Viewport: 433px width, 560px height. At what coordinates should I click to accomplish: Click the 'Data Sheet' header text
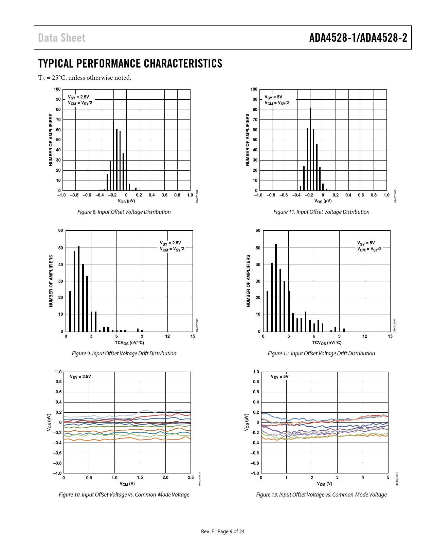tap(61, 38)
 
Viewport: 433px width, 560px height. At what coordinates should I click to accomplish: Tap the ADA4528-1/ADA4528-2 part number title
tap(358, 38)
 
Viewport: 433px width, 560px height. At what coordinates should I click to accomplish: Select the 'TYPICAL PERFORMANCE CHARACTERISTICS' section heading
tap(130, 63)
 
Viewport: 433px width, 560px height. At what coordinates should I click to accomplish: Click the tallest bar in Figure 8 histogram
tap(114, 156)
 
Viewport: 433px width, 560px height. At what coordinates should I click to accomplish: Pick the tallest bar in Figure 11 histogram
tap(310, 149)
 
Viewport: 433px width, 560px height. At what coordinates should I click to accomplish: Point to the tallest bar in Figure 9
tap(79, 288)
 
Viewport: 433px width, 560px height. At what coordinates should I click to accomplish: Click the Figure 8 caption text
tap(124, 212)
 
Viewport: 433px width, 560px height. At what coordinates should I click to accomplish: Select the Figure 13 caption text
tap(321, 494)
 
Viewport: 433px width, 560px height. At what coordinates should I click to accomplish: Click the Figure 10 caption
tap(124, 494)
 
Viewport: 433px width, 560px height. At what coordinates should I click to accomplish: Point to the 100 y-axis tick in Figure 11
tap(254, 89)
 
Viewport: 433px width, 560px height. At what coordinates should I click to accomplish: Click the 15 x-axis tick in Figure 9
tap(193, 336)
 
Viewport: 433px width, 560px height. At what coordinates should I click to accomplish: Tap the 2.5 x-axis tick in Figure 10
tap(191, 478)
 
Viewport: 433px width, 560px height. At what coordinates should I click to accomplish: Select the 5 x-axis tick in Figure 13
tap(388, 478)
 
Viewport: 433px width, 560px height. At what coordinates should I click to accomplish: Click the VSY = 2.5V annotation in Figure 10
tap(80, 377)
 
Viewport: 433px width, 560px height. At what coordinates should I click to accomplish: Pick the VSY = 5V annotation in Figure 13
tap(279, 377)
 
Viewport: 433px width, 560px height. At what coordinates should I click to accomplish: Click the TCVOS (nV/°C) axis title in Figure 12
tap(327, 343)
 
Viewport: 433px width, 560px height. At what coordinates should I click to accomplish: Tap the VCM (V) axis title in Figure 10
tap(127, 484)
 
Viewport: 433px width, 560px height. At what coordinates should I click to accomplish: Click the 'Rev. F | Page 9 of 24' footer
tap(223, 531)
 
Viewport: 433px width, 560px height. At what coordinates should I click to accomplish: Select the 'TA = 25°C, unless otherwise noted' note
tap(85, 78)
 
